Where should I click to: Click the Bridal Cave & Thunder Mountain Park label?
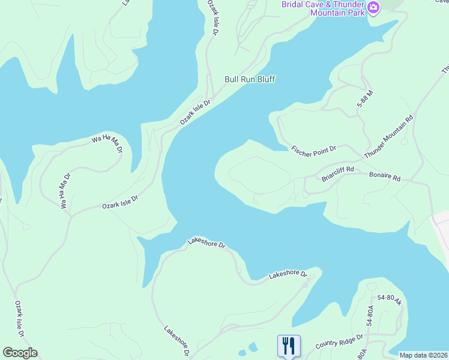tap(323, 8)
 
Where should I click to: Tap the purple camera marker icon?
tap(373, 7)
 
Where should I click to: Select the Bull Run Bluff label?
tap(250, 79)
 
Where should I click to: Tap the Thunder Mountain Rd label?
tap(389, 136)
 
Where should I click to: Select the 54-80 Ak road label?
tap(390, 300)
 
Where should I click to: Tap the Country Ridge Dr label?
tap(340, 341)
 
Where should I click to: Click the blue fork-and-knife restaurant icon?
tap(289, 345)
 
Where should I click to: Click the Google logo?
tap(20, 353)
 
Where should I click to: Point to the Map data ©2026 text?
tap(423, 355)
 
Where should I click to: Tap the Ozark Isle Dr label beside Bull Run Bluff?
tap(196, 112)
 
